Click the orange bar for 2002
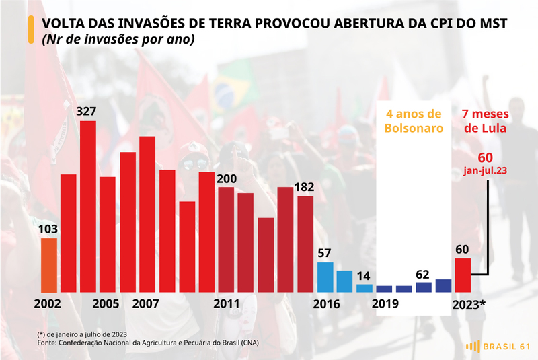coord(48,265)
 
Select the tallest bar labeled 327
coord(88,207)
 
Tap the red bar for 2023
coord(463,275)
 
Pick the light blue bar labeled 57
coord(325,277)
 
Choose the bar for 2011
coord(226,240)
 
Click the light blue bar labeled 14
coord(364,288)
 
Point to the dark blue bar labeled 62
coord(424,287)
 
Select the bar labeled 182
coord(305,244)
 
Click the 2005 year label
coord(106,303)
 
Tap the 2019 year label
coord(385,303)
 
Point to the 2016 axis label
coord(326,304)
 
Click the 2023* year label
coord(469,304)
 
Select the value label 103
coord(48,229)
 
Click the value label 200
coord(227,179)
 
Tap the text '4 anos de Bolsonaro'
coord(414,121)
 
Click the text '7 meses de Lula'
coord(485,121)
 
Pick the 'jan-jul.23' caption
coord(485,170)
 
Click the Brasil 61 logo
coord(498,347)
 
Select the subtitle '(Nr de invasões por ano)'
coord(118,40)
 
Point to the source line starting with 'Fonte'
coord(148,343)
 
